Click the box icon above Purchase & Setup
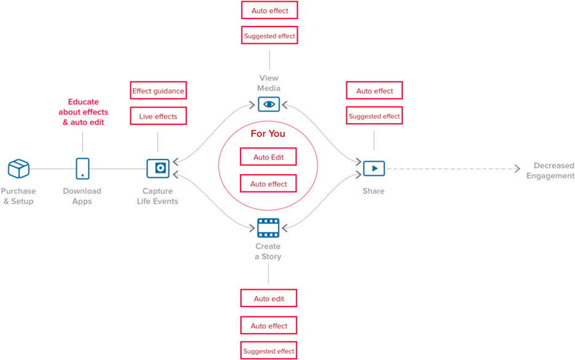[x=18, y=168]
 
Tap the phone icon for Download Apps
[x=82, y=168]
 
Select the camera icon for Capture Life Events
[x=157, y=168]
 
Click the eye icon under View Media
[x=268, y=104]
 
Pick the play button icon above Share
[x=373, y=168]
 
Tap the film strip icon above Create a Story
[x=268, y=228]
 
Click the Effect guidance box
[x=158, y=91]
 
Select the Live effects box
[x=158, y=116]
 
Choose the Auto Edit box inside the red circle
[x=269, y=157]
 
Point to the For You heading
[x=268, y=134]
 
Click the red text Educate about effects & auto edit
[x=83, y=112]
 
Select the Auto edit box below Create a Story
[x=269, y=298]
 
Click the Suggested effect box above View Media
[x=269, y=36]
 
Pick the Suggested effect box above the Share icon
[x=374, y=116]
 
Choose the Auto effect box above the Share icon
[x=374, y=90]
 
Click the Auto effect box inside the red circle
[x=269, y=183]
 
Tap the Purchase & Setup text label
[x=18, y=196]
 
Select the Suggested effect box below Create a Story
[x=269, y=351]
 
